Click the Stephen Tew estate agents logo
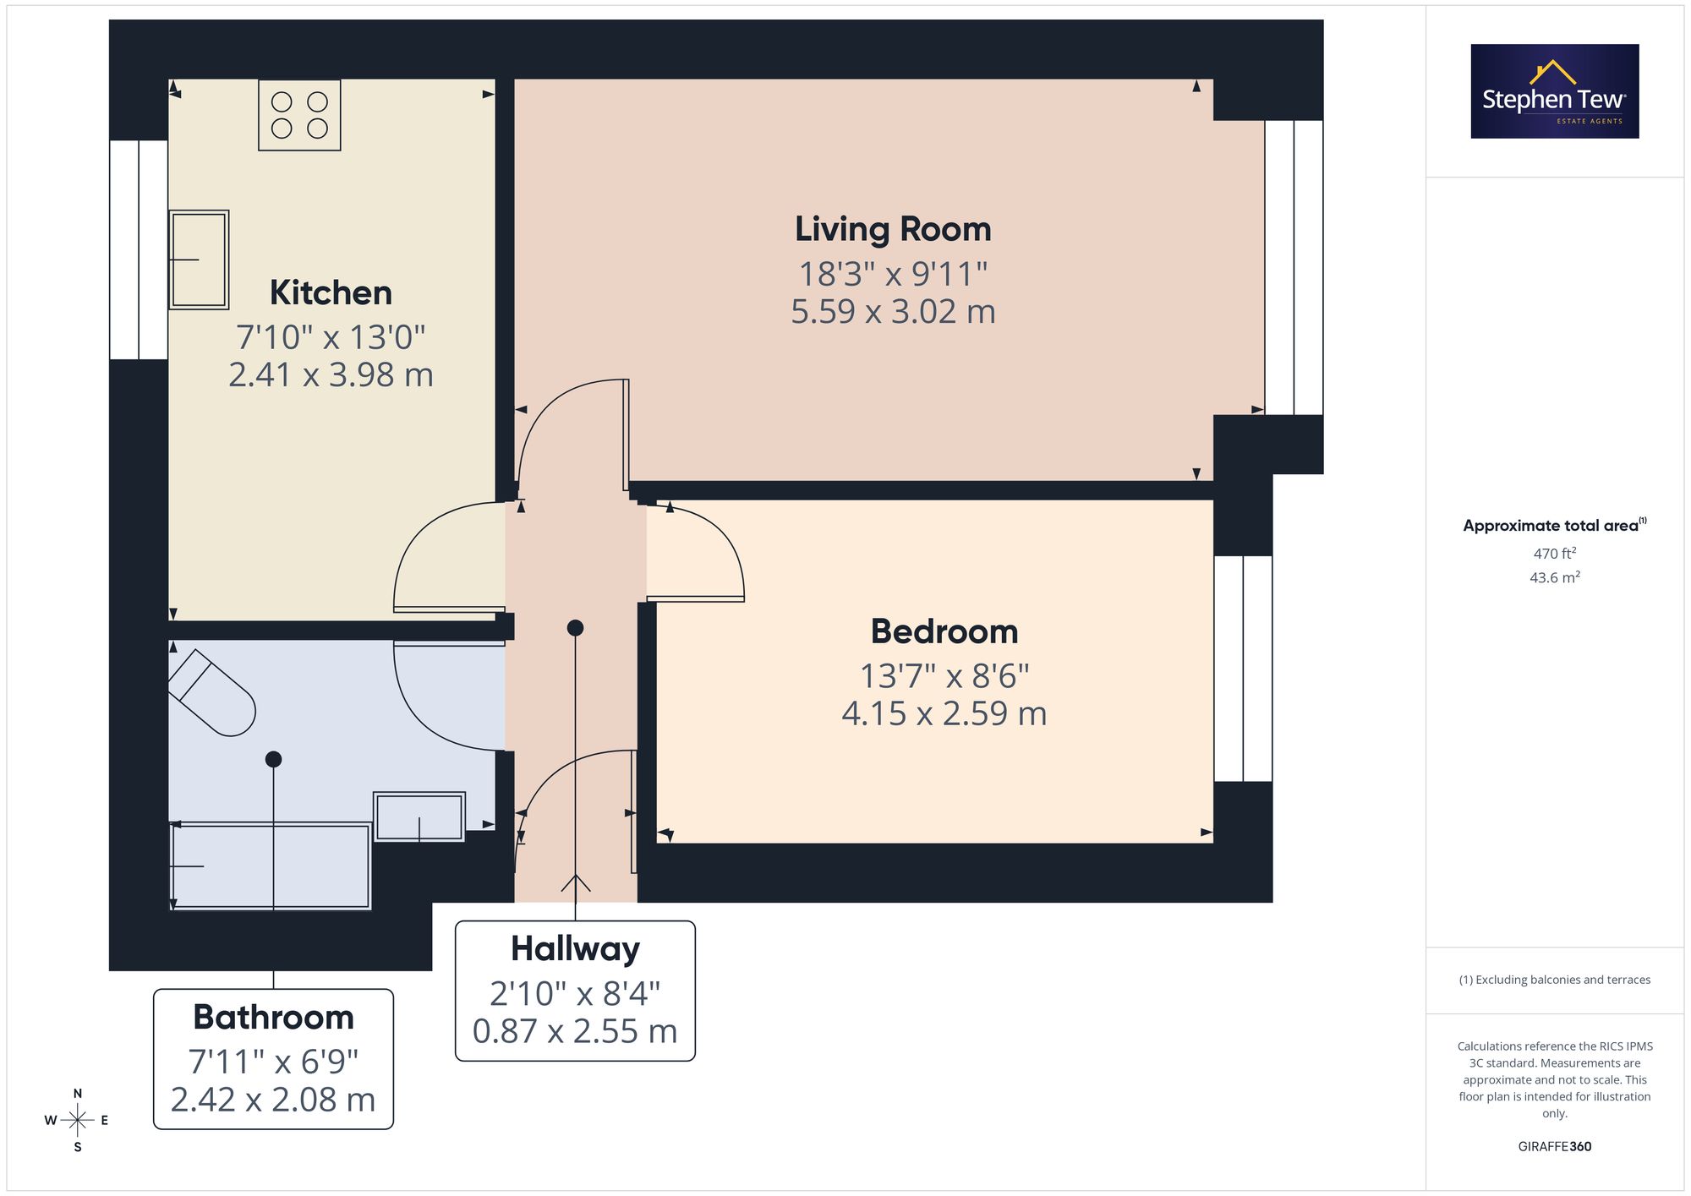click(1555, 91)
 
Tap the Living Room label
click(893, 229)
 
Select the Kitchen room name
click(331, 292)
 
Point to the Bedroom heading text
click(944, 631)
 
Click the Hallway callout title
click(575, 949)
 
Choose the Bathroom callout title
click(273, 1017)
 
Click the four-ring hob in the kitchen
click(299, 115)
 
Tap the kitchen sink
click(199, 259)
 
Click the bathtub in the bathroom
click(271, 866)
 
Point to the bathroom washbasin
click(419, 816)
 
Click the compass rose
click(77, 1121)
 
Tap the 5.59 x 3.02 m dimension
click(893, 312)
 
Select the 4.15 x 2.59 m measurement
click(944, 714)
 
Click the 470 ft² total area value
click(1555, 554)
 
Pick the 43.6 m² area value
click(1555, 577)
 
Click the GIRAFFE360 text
click(1555, 1147)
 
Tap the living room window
click(1294, 267)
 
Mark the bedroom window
click(1243, 669)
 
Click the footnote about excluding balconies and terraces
click(1555, 980)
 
